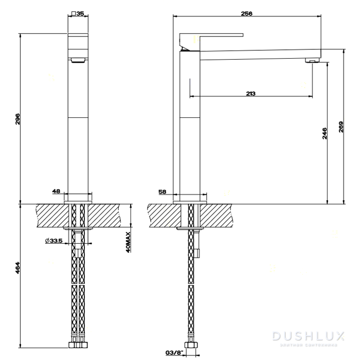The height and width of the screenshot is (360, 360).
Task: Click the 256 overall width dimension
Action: [x=246, y=14]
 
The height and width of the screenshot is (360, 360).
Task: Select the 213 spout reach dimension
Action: [x=250, y=93]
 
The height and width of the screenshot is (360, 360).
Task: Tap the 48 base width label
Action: [x=56, y=191]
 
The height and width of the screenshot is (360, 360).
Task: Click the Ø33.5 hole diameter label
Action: [x=53, y=241]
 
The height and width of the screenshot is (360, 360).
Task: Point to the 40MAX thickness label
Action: [x=129, y=241]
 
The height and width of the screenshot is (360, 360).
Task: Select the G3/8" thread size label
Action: [x=174, y=352]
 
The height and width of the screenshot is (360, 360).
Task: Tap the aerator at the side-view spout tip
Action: [x=312, y=61]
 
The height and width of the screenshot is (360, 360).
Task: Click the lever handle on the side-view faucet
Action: [x=211, y=37]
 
